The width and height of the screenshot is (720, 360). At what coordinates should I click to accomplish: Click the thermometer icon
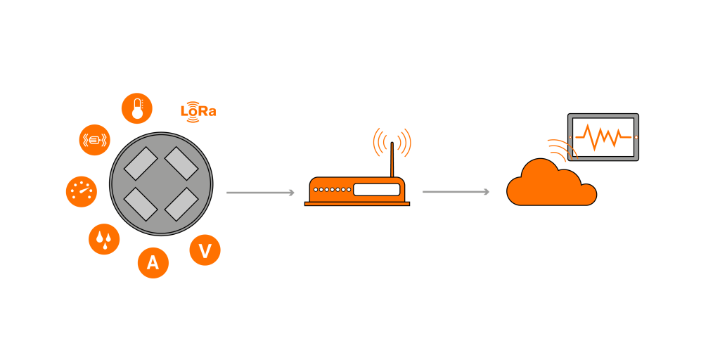tap(137, 108)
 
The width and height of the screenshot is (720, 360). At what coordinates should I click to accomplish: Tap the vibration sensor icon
tap(94, 139)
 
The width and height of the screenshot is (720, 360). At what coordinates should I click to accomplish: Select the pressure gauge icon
tap(81, 191)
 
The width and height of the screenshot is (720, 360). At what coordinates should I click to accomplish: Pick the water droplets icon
tap(104, 240)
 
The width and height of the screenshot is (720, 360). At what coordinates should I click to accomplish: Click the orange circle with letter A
tap(153, 263)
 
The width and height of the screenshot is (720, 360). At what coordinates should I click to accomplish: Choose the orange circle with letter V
tap(205, 251)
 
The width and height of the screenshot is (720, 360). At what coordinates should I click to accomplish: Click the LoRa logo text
tap(198, 111)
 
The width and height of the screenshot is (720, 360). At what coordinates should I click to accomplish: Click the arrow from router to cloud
tap(456, 191)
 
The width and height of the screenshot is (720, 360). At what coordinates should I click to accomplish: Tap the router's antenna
tap(392, 158)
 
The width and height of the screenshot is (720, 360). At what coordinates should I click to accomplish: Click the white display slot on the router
tap(376, 189)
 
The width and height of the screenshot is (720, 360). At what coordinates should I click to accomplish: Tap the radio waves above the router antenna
tap(392, 141)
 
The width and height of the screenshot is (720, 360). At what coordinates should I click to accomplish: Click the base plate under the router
tap(356, 204)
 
